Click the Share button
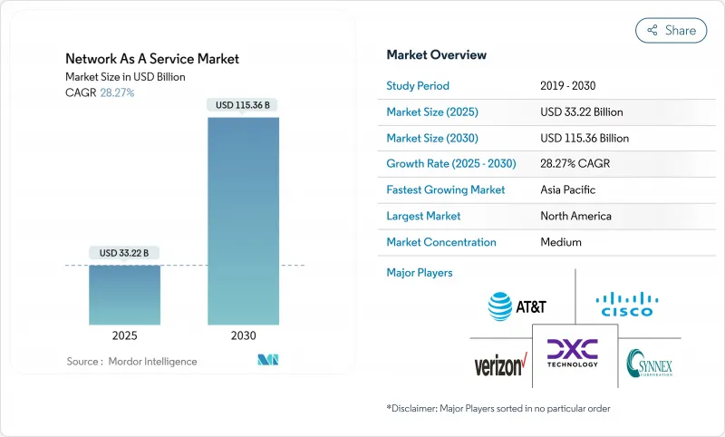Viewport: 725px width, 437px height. (671, 30)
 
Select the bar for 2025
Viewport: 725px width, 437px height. (125, 294)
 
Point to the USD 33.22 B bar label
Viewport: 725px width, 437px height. (125, 252)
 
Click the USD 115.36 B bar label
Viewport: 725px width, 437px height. (243, 105)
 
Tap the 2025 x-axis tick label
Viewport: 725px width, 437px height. (125, 335)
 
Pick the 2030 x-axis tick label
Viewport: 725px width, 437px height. (243, 335)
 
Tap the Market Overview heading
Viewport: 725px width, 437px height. (436, 54)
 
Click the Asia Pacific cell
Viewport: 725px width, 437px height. (568, 190)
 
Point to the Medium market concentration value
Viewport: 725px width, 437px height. (560, 242)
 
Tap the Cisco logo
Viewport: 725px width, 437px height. (627, 304)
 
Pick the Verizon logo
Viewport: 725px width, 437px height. (500, 365)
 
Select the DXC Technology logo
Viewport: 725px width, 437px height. (573, 353)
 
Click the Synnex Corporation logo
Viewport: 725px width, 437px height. (649, 364)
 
